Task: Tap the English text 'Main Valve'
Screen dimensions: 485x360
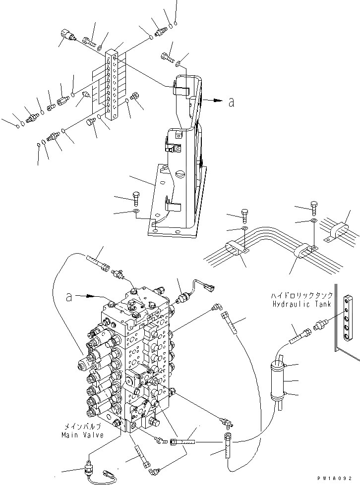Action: click(x=82, y=435)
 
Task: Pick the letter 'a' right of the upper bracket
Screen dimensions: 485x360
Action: click(x=231, y=103)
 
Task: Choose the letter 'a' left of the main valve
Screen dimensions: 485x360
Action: click(x=70, y=297)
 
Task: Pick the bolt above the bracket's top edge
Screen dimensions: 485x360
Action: click(x=167, y=58)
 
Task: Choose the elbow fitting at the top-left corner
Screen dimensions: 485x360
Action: click(x=66, y=35)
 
